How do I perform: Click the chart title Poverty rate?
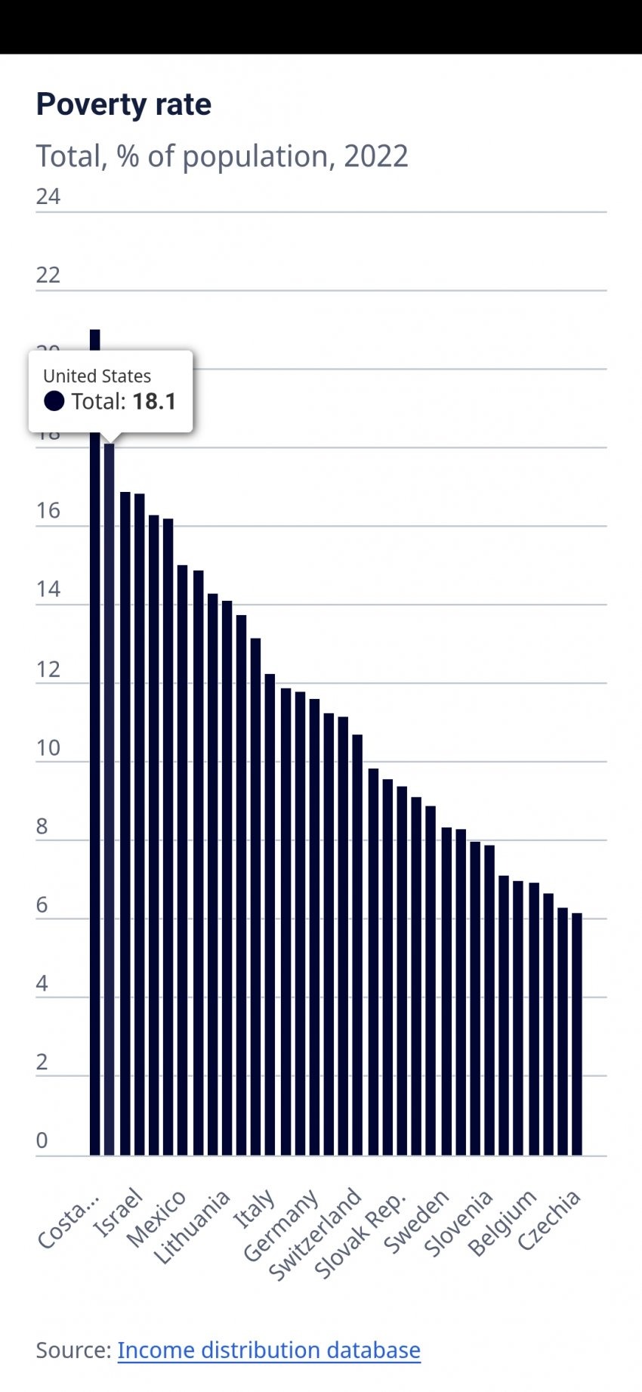click(x=124, y=105)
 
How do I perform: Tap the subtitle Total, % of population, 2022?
click(x=222, y=156)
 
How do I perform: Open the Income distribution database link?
click(x=269, y=1350)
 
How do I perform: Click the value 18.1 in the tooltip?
click(x=155, y=401)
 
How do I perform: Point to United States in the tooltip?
click(x=97, y=376)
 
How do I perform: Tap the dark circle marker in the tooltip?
click(x=54, y=401)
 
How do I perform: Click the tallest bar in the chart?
click(x=95, y=756)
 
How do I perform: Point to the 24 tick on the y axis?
click(x=48, y=196)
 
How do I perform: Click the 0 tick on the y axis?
click(x=42, y=1140)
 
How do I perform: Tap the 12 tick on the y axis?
click(x=48, y=669)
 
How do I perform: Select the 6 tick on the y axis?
click(x=42, y=905)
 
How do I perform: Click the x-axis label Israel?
click(x=118, y=1212)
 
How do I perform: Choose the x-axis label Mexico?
click(x=156, y=1218)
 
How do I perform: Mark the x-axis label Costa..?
click(x=68, y=1220)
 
